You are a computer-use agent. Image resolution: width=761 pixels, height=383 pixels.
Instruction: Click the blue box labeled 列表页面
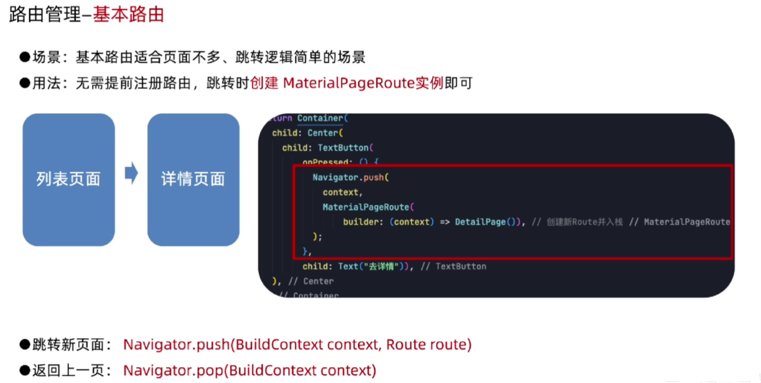(68, 179)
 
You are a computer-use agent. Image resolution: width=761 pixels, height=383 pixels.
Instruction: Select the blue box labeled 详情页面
(193, 179)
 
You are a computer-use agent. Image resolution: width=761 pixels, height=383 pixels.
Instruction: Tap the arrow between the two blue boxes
(131, 173)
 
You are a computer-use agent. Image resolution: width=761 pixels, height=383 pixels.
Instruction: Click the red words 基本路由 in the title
(128, 15)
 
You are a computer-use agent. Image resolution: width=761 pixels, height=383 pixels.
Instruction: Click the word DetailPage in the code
(480, 222)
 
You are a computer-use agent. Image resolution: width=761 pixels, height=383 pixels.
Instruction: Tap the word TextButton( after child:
(345, 148)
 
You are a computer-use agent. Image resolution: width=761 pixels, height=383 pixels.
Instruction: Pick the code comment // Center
(311, 281)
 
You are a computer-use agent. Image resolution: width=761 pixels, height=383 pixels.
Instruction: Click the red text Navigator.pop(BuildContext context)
(249, 370)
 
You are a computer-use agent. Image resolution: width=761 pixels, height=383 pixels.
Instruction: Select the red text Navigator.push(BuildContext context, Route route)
(297, 344)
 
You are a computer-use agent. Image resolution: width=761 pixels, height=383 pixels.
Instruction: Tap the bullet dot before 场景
(25, 57)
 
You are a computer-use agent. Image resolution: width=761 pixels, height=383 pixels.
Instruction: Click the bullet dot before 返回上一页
(25, 370)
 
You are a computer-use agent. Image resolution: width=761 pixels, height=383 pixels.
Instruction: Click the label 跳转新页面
(68, 344)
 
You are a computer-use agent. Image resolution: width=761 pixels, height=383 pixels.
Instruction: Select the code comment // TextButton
(453, 267)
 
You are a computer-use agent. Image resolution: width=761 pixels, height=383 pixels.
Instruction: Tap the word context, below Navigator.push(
(343, 192)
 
